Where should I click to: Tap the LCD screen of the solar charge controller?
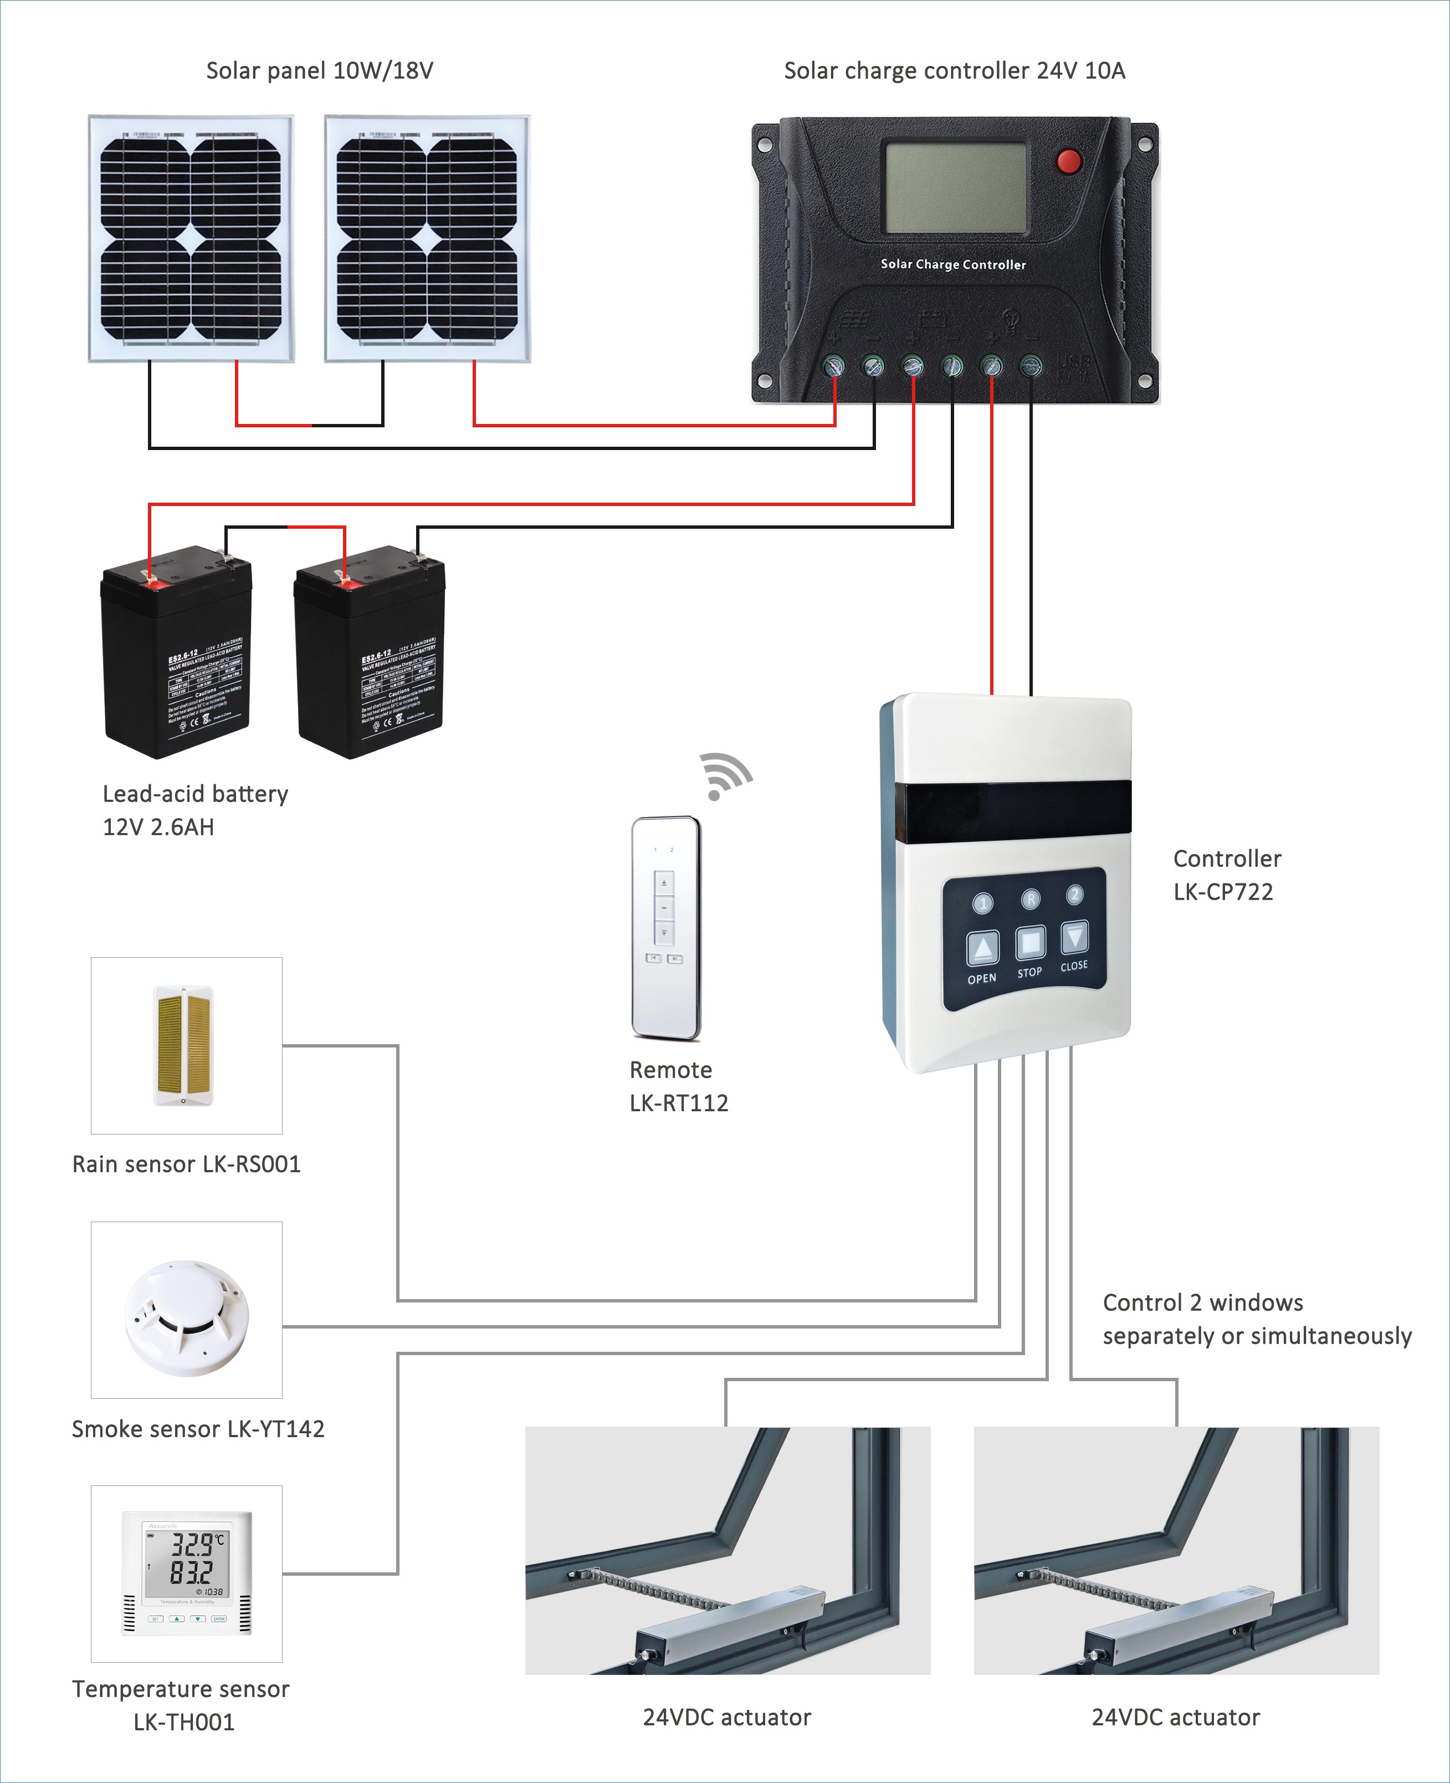(x=956, y=187)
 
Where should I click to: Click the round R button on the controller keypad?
(x=1031, y=899)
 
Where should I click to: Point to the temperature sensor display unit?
(x=186, y=1572)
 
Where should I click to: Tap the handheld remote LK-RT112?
(x=665, y=927)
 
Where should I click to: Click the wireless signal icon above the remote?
(x=724, y=776)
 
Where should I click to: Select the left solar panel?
(x=191, y=239)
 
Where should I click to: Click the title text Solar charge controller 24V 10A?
(x=954, y=71)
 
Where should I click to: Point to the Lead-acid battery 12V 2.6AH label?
(x=194, y=810)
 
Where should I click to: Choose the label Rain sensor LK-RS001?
(x=186, y=1164)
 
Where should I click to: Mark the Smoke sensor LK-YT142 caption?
(x=198, y=1429)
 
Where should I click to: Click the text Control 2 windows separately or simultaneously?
(x=1256, y=1319)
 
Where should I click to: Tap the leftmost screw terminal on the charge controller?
(x=833, y=366)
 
